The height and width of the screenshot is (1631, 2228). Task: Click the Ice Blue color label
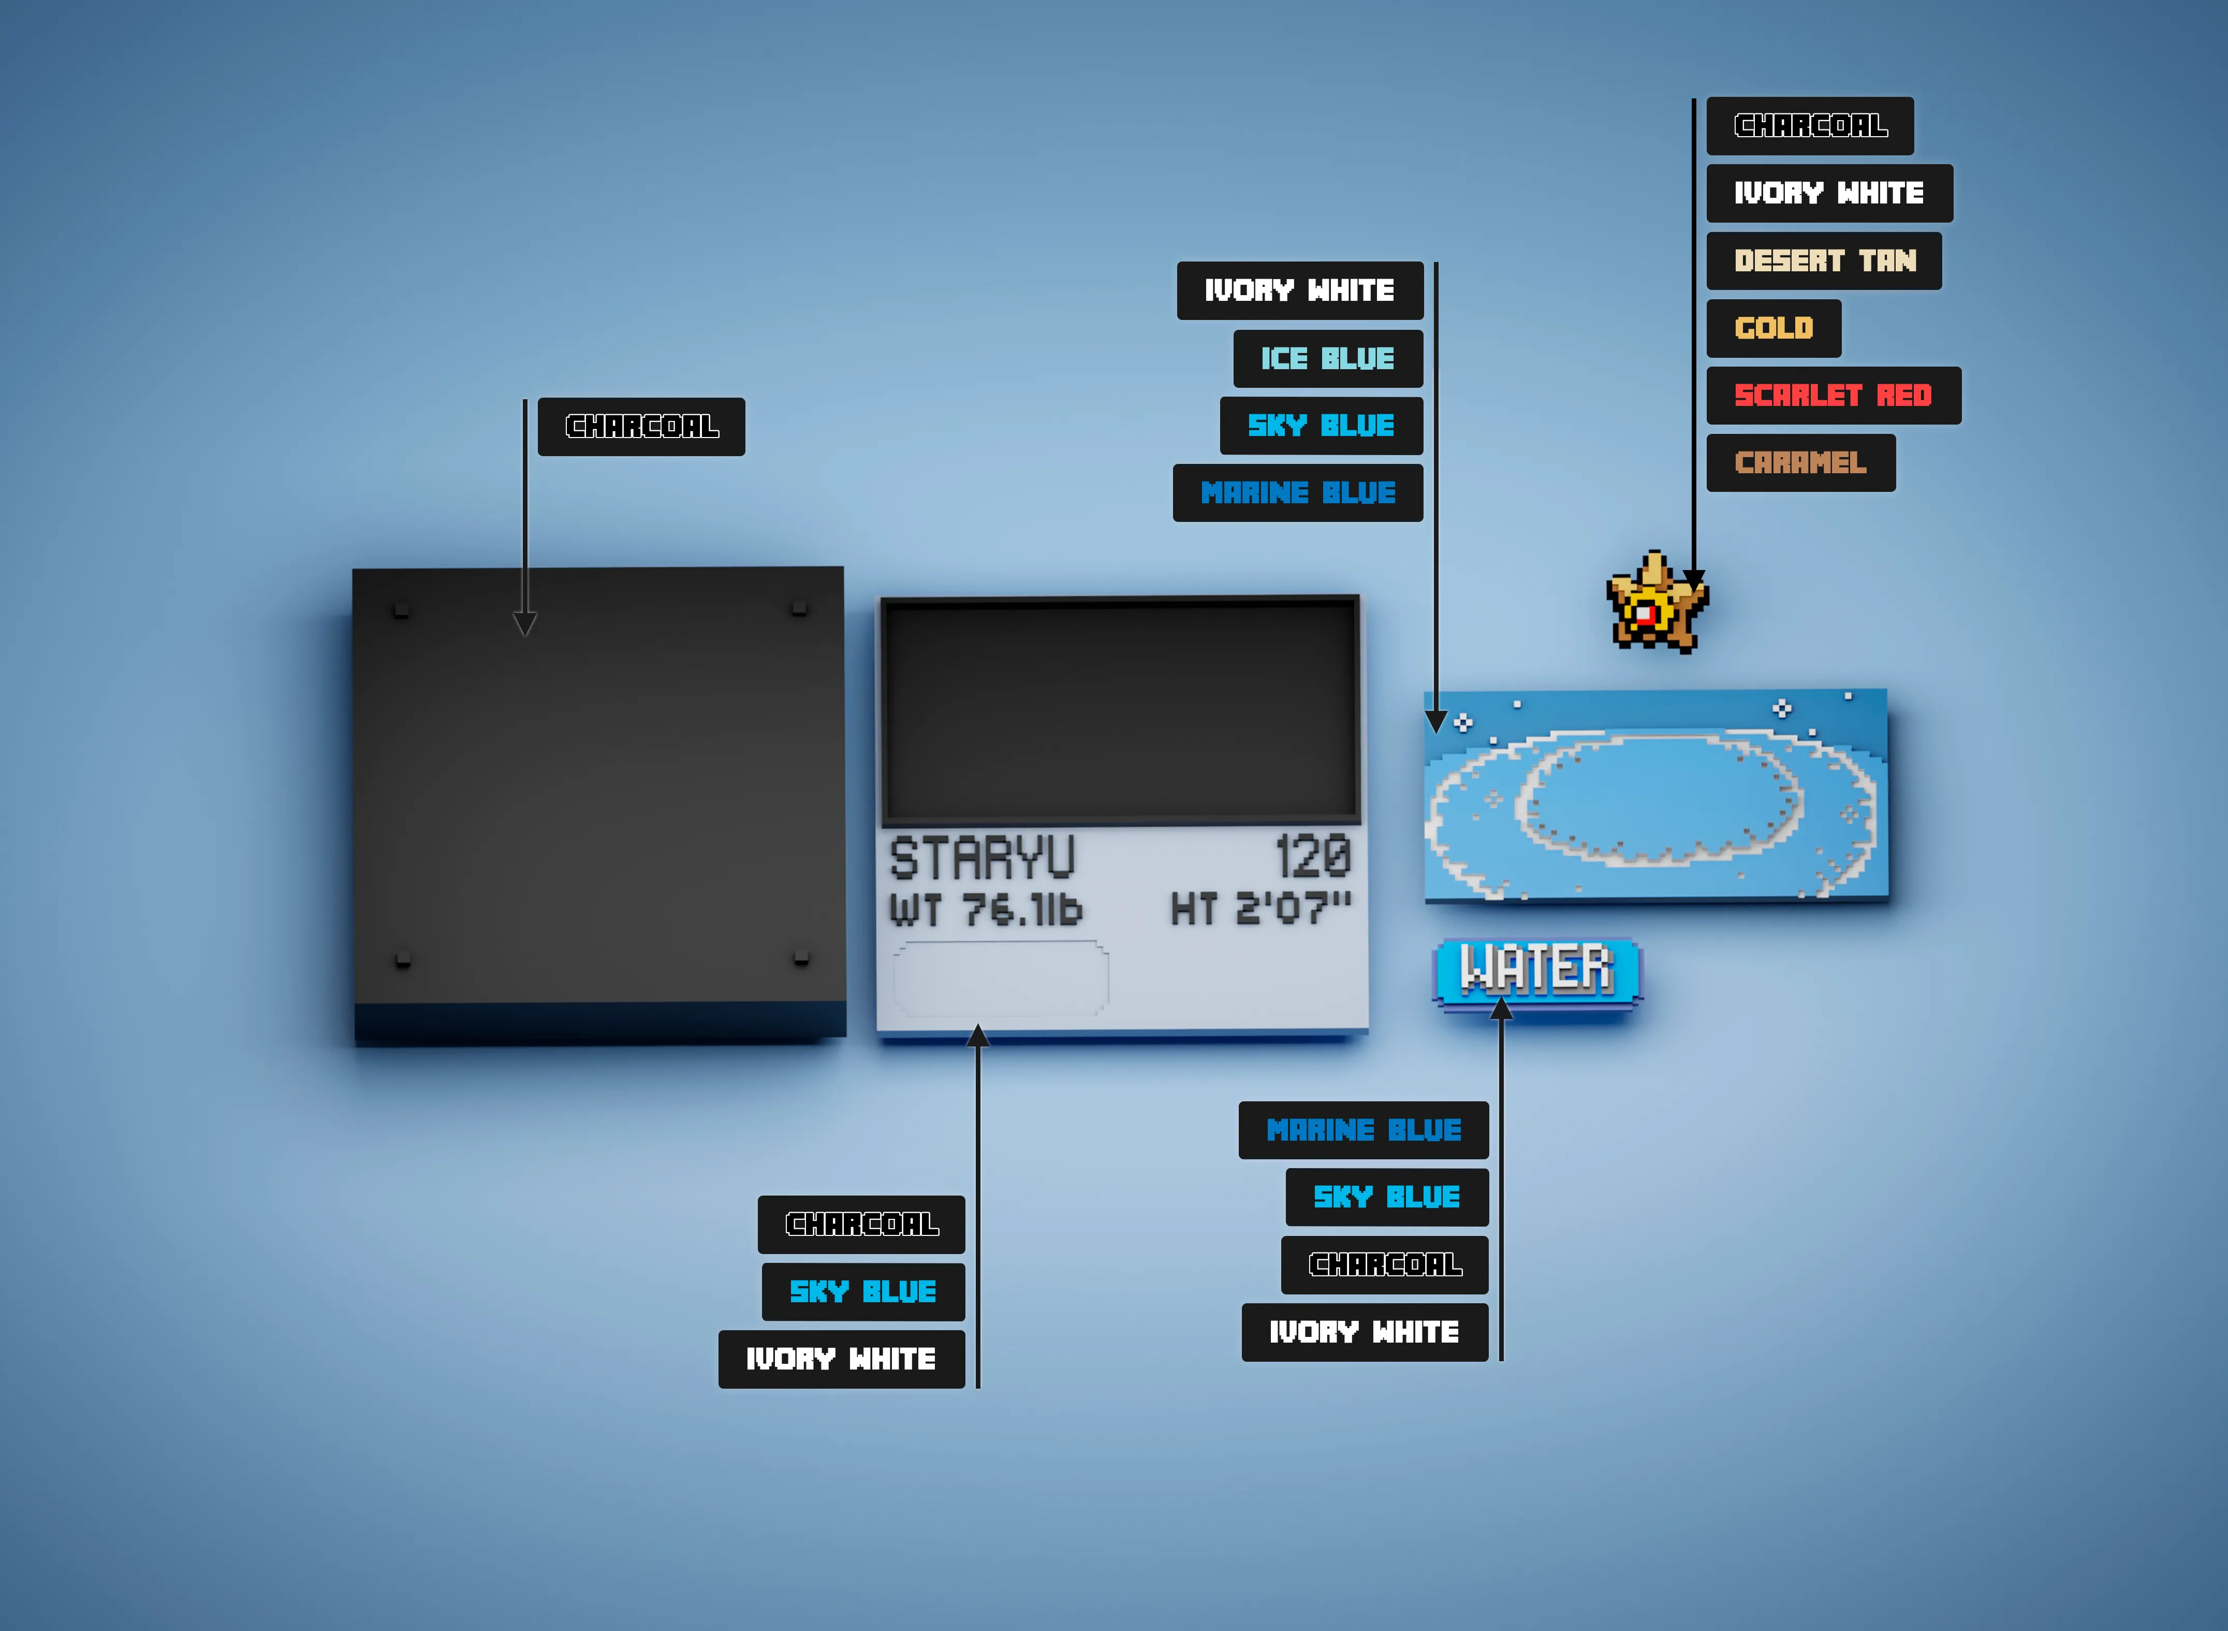click(1328, 358)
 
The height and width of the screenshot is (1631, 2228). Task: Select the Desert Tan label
click(1824, 260)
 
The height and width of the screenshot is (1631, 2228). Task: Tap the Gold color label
click(1774, 328)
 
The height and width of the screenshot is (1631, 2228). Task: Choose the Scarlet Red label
click(1833, 395)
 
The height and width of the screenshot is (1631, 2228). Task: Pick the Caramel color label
click(1800, 462)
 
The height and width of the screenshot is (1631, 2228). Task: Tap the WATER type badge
click(1537, 972)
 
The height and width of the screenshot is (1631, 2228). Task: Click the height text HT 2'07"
click(1260, 907)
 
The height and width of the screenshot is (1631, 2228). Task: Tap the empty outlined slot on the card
click(1001, 979)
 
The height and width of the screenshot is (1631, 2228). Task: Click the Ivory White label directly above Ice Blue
click(1300, 290)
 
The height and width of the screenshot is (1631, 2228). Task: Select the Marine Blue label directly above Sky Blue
click(1364, 1129)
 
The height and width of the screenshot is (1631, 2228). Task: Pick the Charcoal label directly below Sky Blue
click(1385, 1265)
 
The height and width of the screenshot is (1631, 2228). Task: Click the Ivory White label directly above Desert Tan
click(1829, 193)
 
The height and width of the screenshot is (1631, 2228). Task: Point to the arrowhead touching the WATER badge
click(1501, 1008)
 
